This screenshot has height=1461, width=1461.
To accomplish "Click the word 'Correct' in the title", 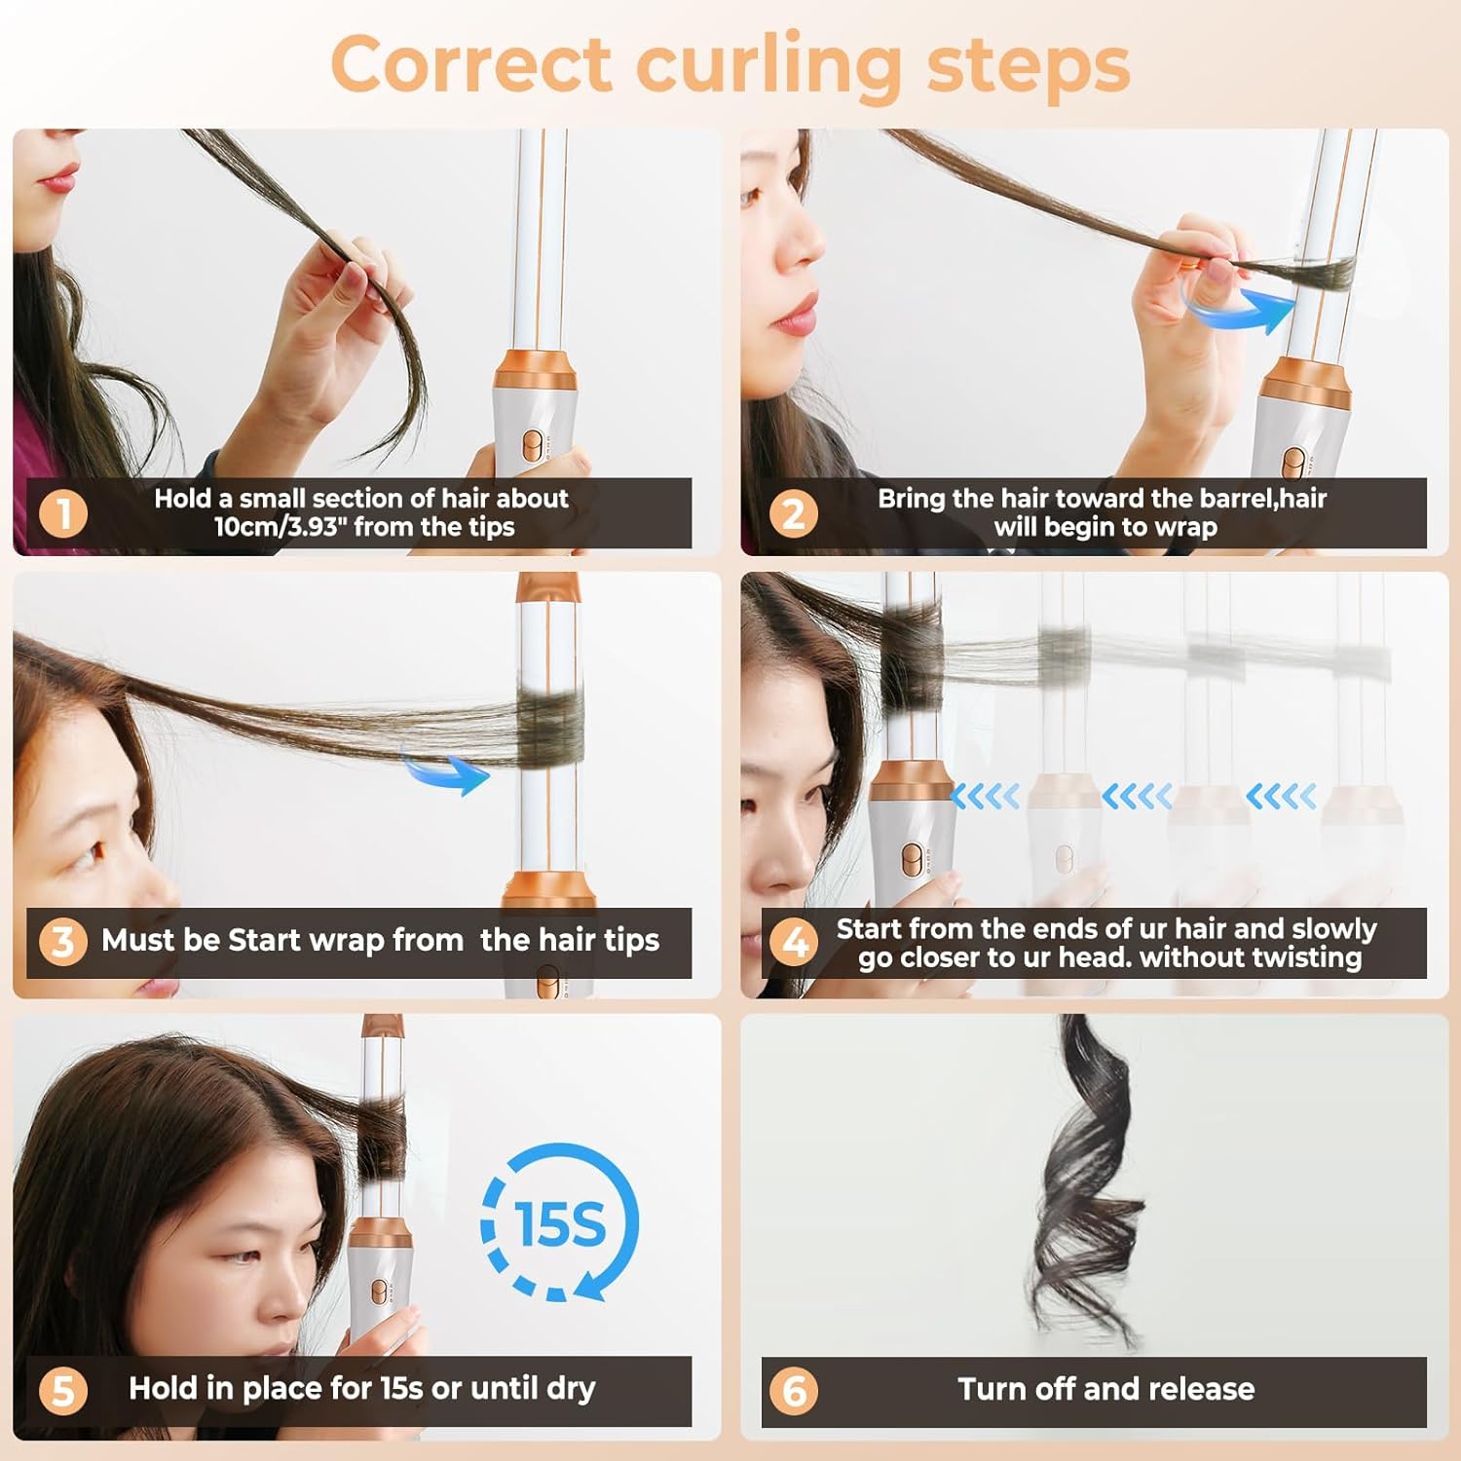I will click(x=471, y=64).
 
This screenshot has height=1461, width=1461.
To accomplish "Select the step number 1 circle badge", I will click(x=63, y=513).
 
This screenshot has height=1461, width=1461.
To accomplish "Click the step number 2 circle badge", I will click(x=793, y=513).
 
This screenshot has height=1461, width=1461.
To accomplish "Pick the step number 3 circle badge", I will click(x=63, y=942).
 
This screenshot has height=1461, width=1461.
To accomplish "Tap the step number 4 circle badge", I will click(x=793, y=942).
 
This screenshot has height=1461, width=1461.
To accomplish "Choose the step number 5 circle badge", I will click(x=63, y=1391).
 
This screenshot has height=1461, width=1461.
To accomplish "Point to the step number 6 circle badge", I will click(x=793, y=1391).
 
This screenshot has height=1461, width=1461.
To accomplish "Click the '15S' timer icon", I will click(x=559, y=1223).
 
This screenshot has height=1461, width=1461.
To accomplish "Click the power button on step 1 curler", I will click(x=532, y=445).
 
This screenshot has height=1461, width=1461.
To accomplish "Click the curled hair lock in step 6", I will click(x=1086, y=1179).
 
